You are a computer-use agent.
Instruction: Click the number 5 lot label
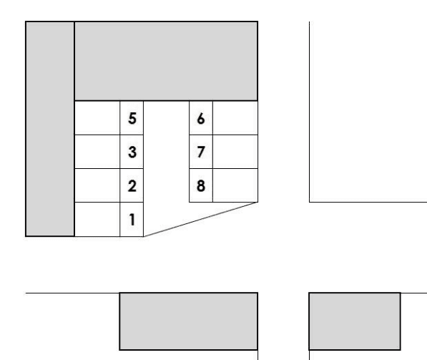(x=132, y=119)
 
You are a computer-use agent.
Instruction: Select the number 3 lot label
(x=132, y=152)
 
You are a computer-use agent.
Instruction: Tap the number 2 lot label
(x=132, y=186)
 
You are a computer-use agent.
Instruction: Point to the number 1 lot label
(x=132, y=220)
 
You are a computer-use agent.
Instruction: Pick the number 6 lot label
(x=201, y=119)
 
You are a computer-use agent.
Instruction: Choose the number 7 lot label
(x=201, y=152)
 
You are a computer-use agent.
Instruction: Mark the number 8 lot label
(x=201, y=186)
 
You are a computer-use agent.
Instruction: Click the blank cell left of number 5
(x=97, y=118)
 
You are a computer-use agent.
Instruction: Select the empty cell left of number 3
(x=97, y=152)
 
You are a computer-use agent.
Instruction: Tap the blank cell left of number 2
(x=97, y=185)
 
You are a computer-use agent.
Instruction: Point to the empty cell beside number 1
(x=97, y=220)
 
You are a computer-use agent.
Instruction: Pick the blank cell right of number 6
(x=235, y=118)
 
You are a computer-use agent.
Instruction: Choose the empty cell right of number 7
(x=235, y=152)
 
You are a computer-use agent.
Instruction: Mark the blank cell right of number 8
(x=235, y=185)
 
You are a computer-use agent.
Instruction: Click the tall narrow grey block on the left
(x=50, y=129)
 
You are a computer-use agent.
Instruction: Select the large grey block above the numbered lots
(x=166, y=61)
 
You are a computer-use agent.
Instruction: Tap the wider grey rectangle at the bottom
(x=188, y=321)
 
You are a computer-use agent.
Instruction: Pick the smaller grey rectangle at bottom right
(x=355, y=321)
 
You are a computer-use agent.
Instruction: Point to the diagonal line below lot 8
(x=200, y=220)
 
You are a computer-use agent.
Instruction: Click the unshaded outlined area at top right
(x=368, y=112)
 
